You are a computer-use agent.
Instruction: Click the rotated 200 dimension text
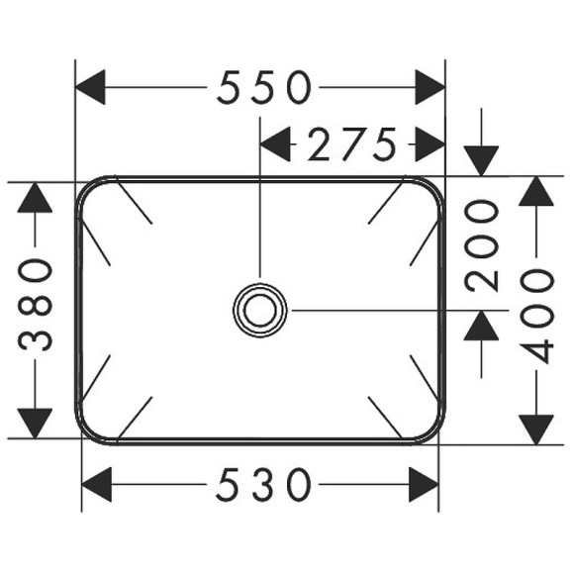pos(483,243)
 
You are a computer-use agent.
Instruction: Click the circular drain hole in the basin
pos(260,310)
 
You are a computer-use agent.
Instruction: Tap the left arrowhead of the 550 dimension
pos(92,88)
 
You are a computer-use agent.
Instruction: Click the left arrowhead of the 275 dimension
pos(275,144)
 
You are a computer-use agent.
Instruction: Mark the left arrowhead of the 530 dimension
pos(97,486)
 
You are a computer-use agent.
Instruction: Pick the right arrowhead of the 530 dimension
pos(424,486)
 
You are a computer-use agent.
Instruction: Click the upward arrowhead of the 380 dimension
pos(36,197)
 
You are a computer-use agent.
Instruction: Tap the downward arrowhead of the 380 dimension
pos(36,422)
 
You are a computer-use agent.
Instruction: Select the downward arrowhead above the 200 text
pos(483,159)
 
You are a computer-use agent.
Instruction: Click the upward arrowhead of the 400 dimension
pos(536,192)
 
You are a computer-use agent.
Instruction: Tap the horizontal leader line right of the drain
pos(376,310)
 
